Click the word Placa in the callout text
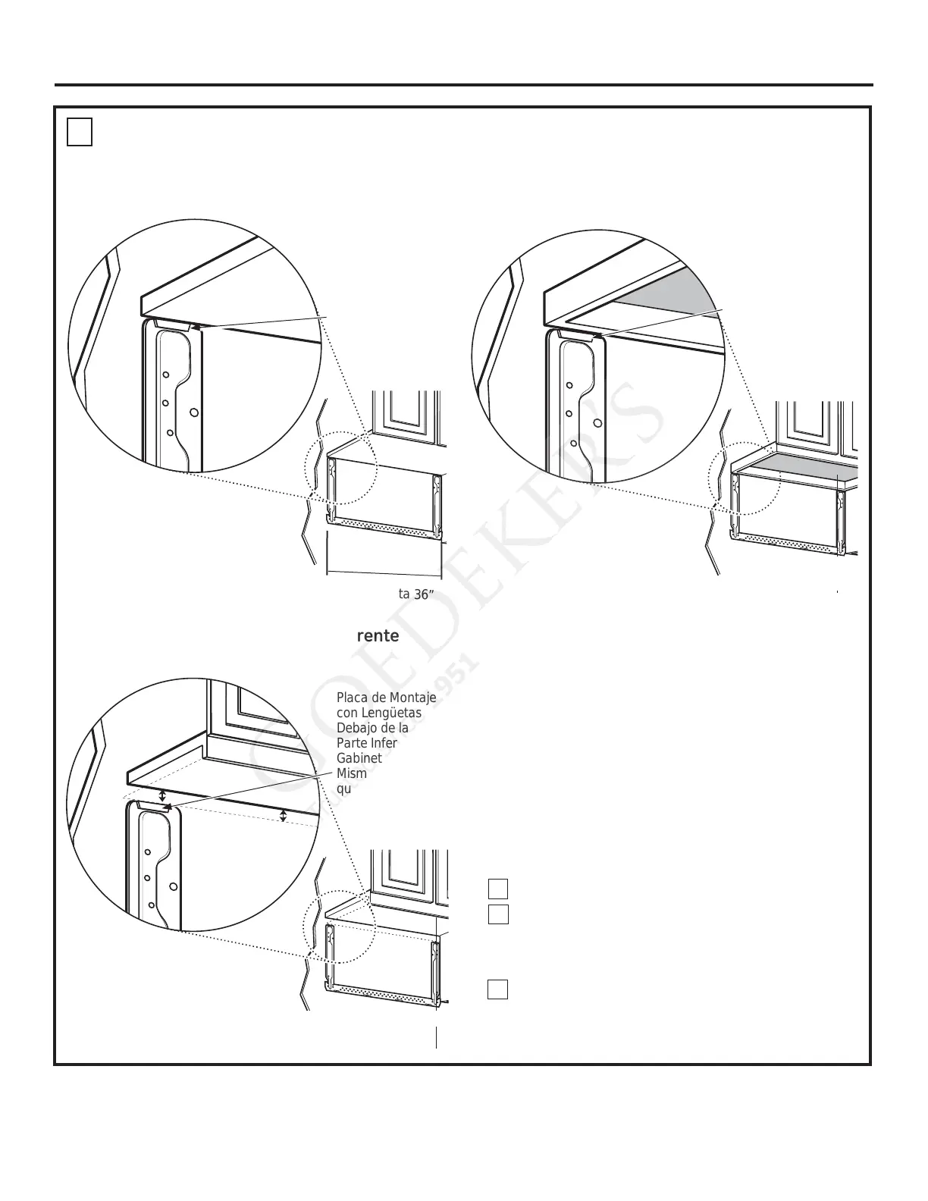(350, 698)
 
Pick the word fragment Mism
(351, 773)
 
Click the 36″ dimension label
(422, 595)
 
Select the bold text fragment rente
(378, 636)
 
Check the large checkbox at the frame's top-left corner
(79, 132)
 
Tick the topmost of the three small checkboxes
(497, 889)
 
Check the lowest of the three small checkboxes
(497, 989)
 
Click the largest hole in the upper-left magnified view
(194, 412)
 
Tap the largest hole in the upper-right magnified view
(597, 422)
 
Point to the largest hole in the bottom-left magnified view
(173, 886)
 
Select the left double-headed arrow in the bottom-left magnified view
(162, 795)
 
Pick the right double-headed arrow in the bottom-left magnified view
(283, 816)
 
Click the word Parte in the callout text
(351, 743)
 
